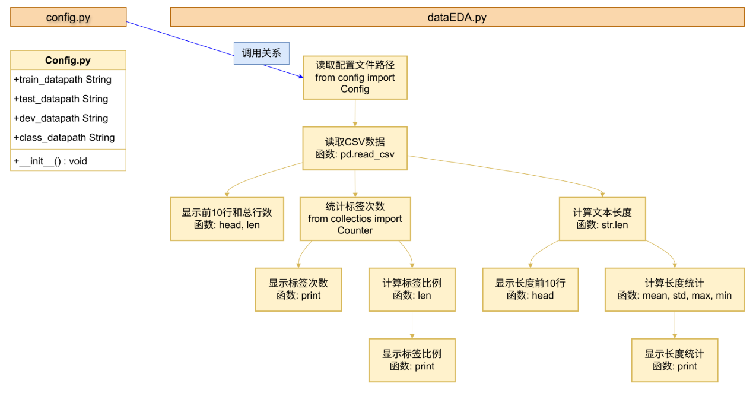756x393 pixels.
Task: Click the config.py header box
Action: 68,17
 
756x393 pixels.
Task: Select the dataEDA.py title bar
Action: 457,17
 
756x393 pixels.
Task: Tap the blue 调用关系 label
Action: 261,53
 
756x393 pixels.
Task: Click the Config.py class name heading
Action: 68,61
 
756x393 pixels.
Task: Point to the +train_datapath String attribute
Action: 62,80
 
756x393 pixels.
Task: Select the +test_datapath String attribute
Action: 61,99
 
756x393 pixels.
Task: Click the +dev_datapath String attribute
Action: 61,118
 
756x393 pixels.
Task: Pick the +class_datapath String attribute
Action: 64,137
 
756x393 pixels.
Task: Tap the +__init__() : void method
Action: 50,161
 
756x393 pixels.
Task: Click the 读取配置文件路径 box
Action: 355,77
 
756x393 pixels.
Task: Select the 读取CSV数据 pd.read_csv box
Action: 355,148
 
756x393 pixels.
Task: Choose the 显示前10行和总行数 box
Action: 227,218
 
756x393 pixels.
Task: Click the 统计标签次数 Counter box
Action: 355,218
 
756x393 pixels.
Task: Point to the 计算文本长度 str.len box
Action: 602,218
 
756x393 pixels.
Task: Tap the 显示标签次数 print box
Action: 298,289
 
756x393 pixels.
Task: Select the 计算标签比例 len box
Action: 412,289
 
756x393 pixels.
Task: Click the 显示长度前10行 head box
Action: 530,289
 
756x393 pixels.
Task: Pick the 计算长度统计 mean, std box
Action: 674,289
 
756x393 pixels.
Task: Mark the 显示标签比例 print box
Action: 412,360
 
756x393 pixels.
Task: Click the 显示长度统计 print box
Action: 674,360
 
